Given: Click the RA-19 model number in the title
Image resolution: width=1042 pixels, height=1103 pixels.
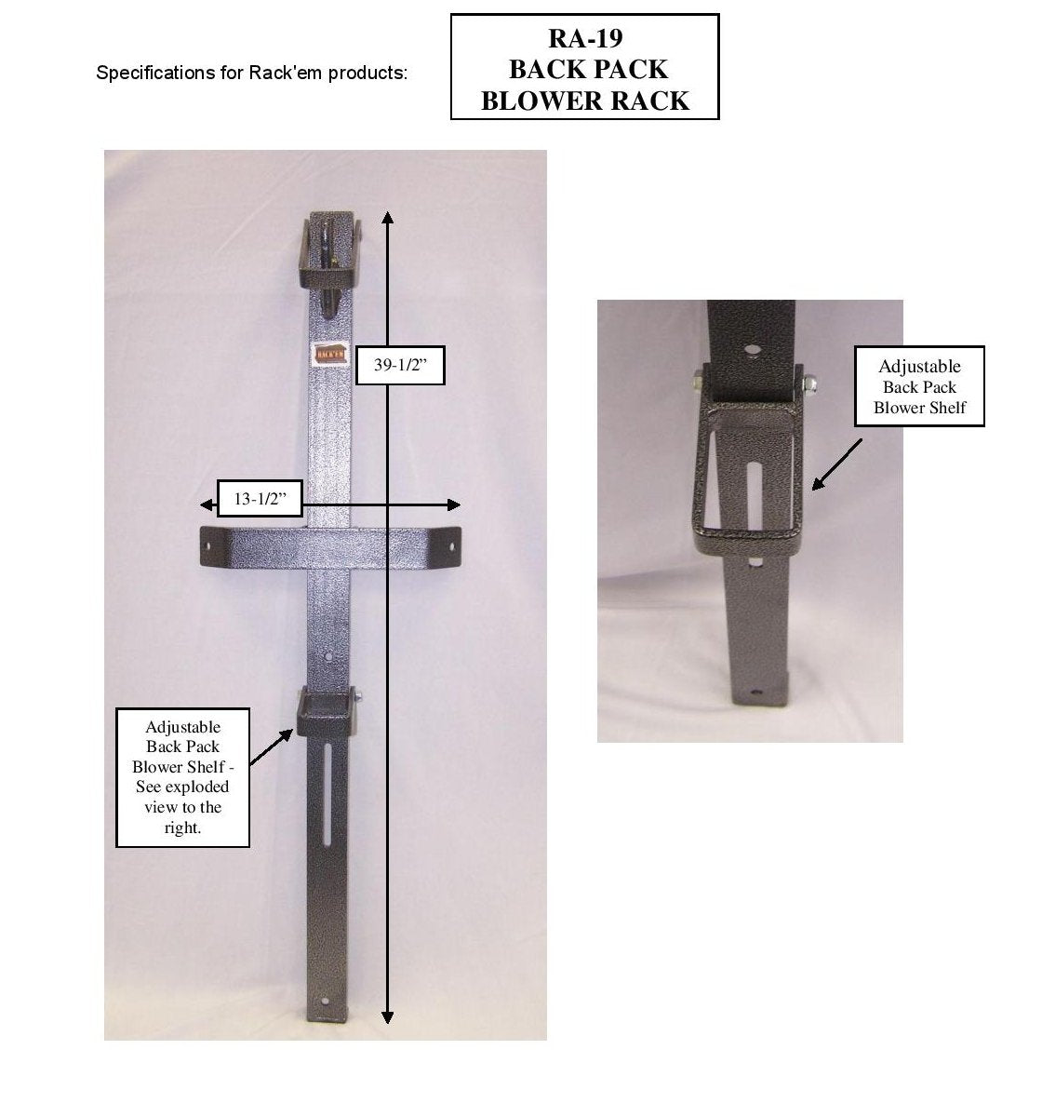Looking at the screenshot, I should pyautogui.click(x=584, y=38).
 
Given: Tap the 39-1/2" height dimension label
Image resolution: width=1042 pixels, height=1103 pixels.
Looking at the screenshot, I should pyautogui.click(x=400, y=366).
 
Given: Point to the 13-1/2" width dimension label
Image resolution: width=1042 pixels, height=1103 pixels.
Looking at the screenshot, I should pyautogui.click(x=259, y=499).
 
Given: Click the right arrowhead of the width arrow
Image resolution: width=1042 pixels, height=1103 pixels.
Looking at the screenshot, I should pyautogui.click(x=454, y=504).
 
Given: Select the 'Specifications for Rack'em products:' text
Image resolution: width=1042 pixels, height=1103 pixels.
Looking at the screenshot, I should pyautogui.click(x=251, y=73).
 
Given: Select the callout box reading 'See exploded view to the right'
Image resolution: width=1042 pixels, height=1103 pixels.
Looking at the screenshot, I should pyautogui.click(x=182, y=777).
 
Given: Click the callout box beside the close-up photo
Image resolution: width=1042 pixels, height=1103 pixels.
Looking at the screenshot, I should pyautogui.click(x=919, y=386).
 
